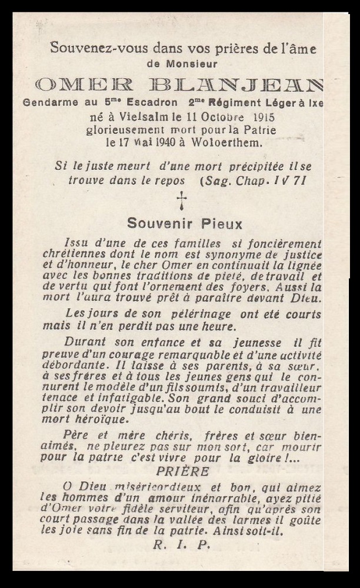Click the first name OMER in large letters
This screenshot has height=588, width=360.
pos(84,85)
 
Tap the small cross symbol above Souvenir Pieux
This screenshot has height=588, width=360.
pos(182,200)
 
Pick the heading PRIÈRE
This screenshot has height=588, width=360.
pos(182,472)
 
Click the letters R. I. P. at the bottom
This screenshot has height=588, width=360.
pos(181,544)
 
